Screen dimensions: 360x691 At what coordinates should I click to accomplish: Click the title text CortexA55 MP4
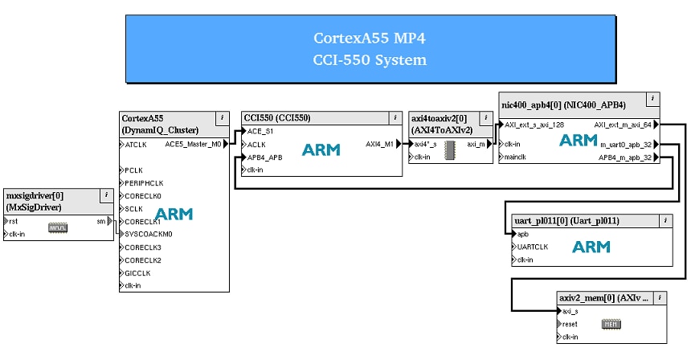(x=370, y=38)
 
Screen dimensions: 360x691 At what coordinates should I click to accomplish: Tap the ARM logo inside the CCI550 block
(x=321, y=149)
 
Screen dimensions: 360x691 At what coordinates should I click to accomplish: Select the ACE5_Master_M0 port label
(x=193, y=145)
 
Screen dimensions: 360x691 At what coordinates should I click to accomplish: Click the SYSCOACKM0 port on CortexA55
(x=149, y=234)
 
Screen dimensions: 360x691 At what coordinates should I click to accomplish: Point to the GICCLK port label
(x=137, y=272)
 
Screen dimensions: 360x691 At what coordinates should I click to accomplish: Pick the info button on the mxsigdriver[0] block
(x=105, y=194)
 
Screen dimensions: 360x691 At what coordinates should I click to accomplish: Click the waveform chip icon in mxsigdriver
(x=57, y=227)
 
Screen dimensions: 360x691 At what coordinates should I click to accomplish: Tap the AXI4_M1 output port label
(x=379, y=145)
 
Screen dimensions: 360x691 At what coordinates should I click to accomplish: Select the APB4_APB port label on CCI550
(x=265, y=157)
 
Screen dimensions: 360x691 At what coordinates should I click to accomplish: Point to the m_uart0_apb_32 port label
(x=626, y=145)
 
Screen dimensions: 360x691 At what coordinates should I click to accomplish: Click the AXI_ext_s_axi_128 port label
(x=535, y=125)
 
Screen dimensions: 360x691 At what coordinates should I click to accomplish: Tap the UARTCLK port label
(x=533, y=247)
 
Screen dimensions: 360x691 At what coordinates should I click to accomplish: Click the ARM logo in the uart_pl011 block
(x=591, y=247)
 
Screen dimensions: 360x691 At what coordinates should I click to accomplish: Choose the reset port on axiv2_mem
(x=569, y=324)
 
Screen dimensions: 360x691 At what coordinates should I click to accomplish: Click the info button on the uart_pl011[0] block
(x=665, y=220)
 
